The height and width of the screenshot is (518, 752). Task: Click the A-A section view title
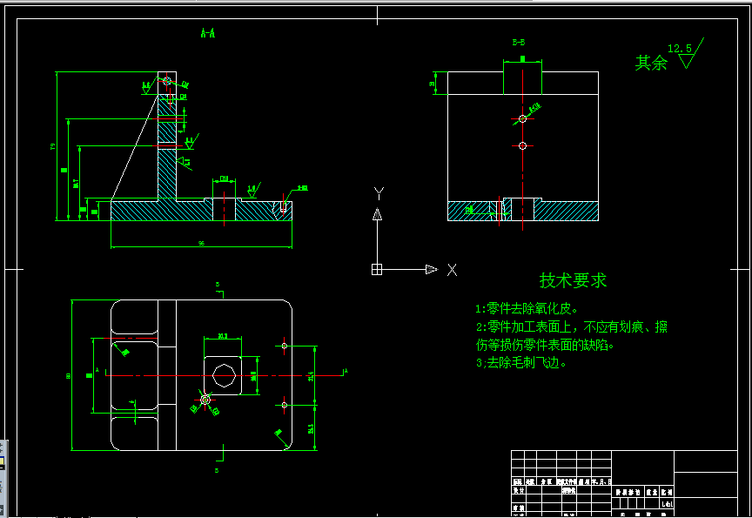click(x=208, y=34)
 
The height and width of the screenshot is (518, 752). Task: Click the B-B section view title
click(x=518, y=42)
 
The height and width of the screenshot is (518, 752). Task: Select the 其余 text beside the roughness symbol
click(x=650, y=63)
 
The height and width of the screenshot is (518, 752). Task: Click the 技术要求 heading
click(x=573, y=280)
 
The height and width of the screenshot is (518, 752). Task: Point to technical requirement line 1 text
click(x=526, y=308)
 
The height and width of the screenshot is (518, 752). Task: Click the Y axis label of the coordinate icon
click(x=378, y=192)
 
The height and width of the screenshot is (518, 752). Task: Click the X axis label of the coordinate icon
click(x=452, y=270)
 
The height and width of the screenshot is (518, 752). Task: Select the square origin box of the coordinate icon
click(x=377, y=270)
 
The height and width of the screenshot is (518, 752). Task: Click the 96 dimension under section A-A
click(x=201, y=244)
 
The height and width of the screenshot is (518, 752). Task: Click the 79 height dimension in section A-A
click(x=53, y=146)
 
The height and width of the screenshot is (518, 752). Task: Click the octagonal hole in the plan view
click(x=224, y=375)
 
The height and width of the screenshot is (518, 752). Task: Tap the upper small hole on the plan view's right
click(x=285, y=346)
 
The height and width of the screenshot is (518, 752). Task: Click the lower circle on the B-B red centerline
click(x=522, y=146)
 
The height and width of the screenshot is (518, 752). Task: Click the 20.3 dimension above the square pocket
click(x=223, y=335)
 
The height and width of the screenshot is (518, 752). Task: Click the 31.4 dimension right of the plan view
click(x=311, y=376)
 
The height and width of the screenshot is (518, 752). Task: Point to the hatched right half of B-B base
click(x=566, y=211)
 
